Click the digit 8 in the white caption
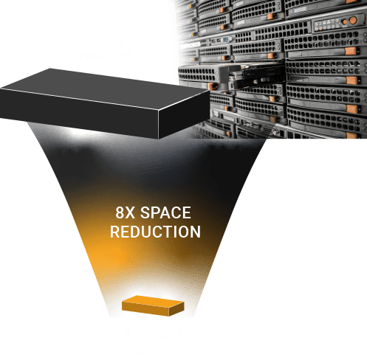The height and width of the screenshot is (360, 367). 120,212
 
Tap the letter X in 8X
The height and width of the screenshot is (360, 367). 130,212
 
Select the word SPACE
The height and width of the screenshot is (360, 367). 165,212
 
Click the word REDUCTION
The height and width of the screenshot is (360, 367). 155,232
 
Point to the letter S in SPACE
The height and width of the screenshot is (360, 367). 145,212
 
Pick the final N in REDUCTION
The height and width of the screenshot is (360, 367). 196,232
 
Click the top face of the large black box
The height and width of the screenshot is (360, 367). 106,89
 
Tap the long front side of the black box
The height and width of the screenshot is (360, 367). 79,112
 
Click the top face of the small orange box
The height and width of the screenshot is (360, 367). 153,301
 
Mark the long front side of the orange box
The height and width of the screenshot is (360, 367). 145,309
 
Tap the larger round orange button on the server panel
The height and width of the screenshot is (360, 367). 353,20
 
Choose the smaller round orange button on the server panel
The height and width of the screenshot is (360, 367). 345,22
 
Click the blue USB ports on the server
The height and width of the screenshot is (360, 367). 228,39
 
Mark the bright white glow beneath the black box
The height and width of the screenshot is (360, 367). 83,134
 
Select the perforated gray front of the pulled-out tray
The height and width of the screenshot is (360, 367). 198,74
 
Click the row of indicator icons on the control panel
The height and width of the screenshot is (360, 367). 326,24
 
